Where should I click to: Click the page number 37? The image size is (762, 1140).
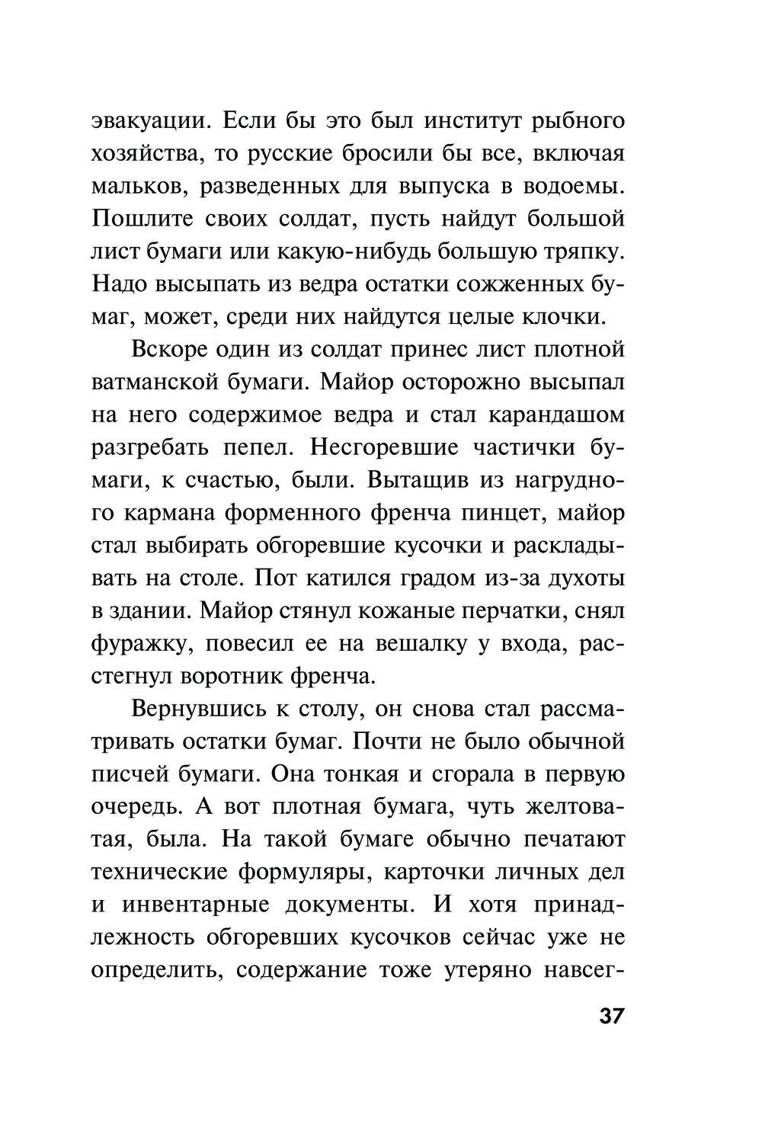[x=611, y=1017]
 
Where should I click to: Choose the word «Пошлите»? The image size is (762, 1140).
[x=139, y=219]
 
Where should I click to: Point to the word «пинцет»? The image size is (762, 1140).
[x=501, y=513]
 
